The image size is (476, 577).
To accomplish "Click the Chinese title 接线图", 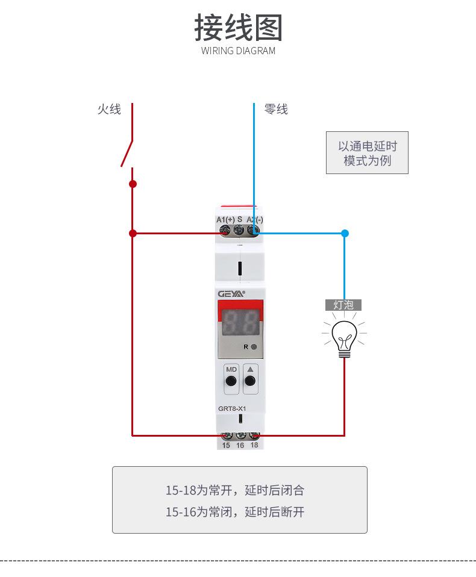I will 238,28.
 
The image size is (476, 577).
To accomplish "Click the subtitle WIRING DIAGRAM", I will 238,51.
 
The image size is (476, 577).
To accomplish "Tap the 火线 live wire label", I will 109,109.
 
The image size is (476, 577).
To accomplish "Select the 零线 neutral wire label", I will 276,109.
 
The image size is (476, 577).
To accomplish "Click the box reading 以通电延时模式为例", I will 367,153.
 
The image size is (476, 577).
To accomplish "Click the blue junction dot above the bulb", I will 345,233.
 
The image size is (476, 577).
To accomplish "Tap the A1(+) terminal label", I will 225,219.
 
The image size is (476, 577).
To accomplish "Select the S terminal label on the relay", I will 239,219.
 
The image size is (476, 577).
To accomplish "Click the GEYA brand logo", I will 231,293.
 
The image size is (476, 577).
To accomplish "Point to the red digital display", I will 239,324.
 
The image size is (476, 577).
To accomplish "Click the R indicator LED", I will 254,347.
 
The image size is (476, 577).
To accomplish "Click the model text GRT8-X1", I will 233,408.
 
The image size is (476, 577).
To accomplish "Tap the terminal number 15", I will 226,445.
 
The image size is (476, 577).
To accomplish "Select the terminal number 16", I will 240,445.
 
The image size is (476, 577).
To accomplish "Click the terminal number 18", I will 254,445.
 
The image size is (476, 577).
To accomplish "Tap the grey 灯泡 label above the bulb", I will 343,305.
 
